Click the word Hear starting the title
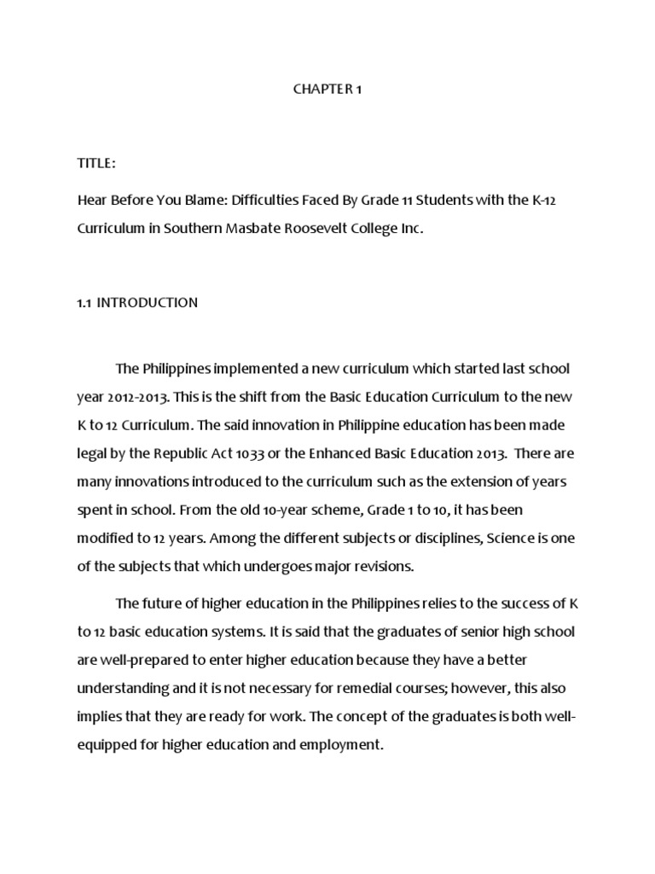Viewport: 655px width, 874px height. point(91,200)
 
